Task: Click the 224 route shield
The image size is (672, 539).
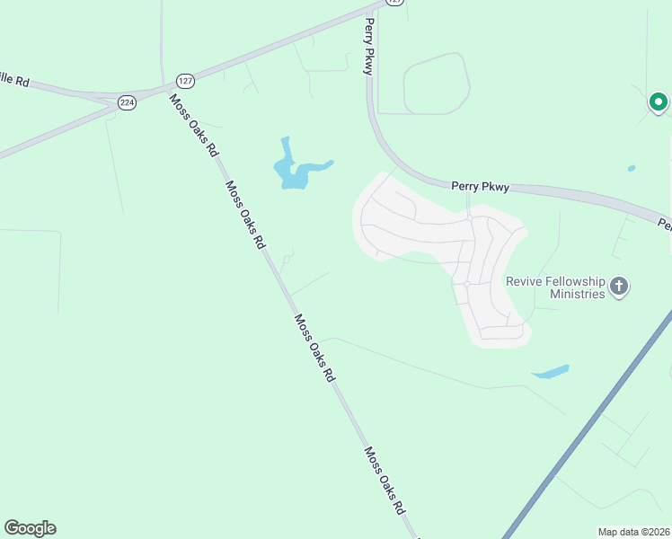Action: pyautogui.click(x=128, y=103)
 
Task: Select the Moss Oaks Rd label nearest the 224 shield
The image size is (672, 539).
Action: pyautogui.click(x=194, y=125)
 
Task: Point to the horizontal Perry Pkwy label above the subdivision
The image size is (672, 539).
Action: pyautogui.click(x=480, y=187)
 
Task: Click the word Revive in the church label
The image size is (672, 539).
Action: pyautogui.click(x=525, y=281)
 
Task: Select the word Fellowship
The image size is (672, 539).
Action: pyautogui.click(x=576, y=281)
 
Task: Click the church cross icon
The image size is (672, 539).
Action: pyautogui.click(x=618, y=287)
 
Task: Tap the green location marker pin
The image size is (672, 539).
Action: pyautogui.click(x=658, y=102)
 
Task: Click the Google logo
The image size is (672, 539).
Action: pyautogui.click(x=30, y=528)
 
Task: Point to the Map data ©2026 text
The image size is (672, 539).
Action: pyautogui.click(x=633, y=532)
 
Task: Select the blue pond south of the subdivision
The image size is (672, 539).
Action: pyautogui.click(x=550, y=371)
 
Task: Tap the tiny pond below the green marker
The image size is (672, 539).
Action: pyautogui.click(x=632, y=168)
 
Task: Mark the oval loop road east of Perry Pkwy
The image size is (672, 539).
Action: pyautogui.click(x=436, y=84)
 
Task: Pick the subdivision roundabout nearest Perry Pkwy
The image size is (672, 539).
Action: pyautogui.click(x=469, y=217)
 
